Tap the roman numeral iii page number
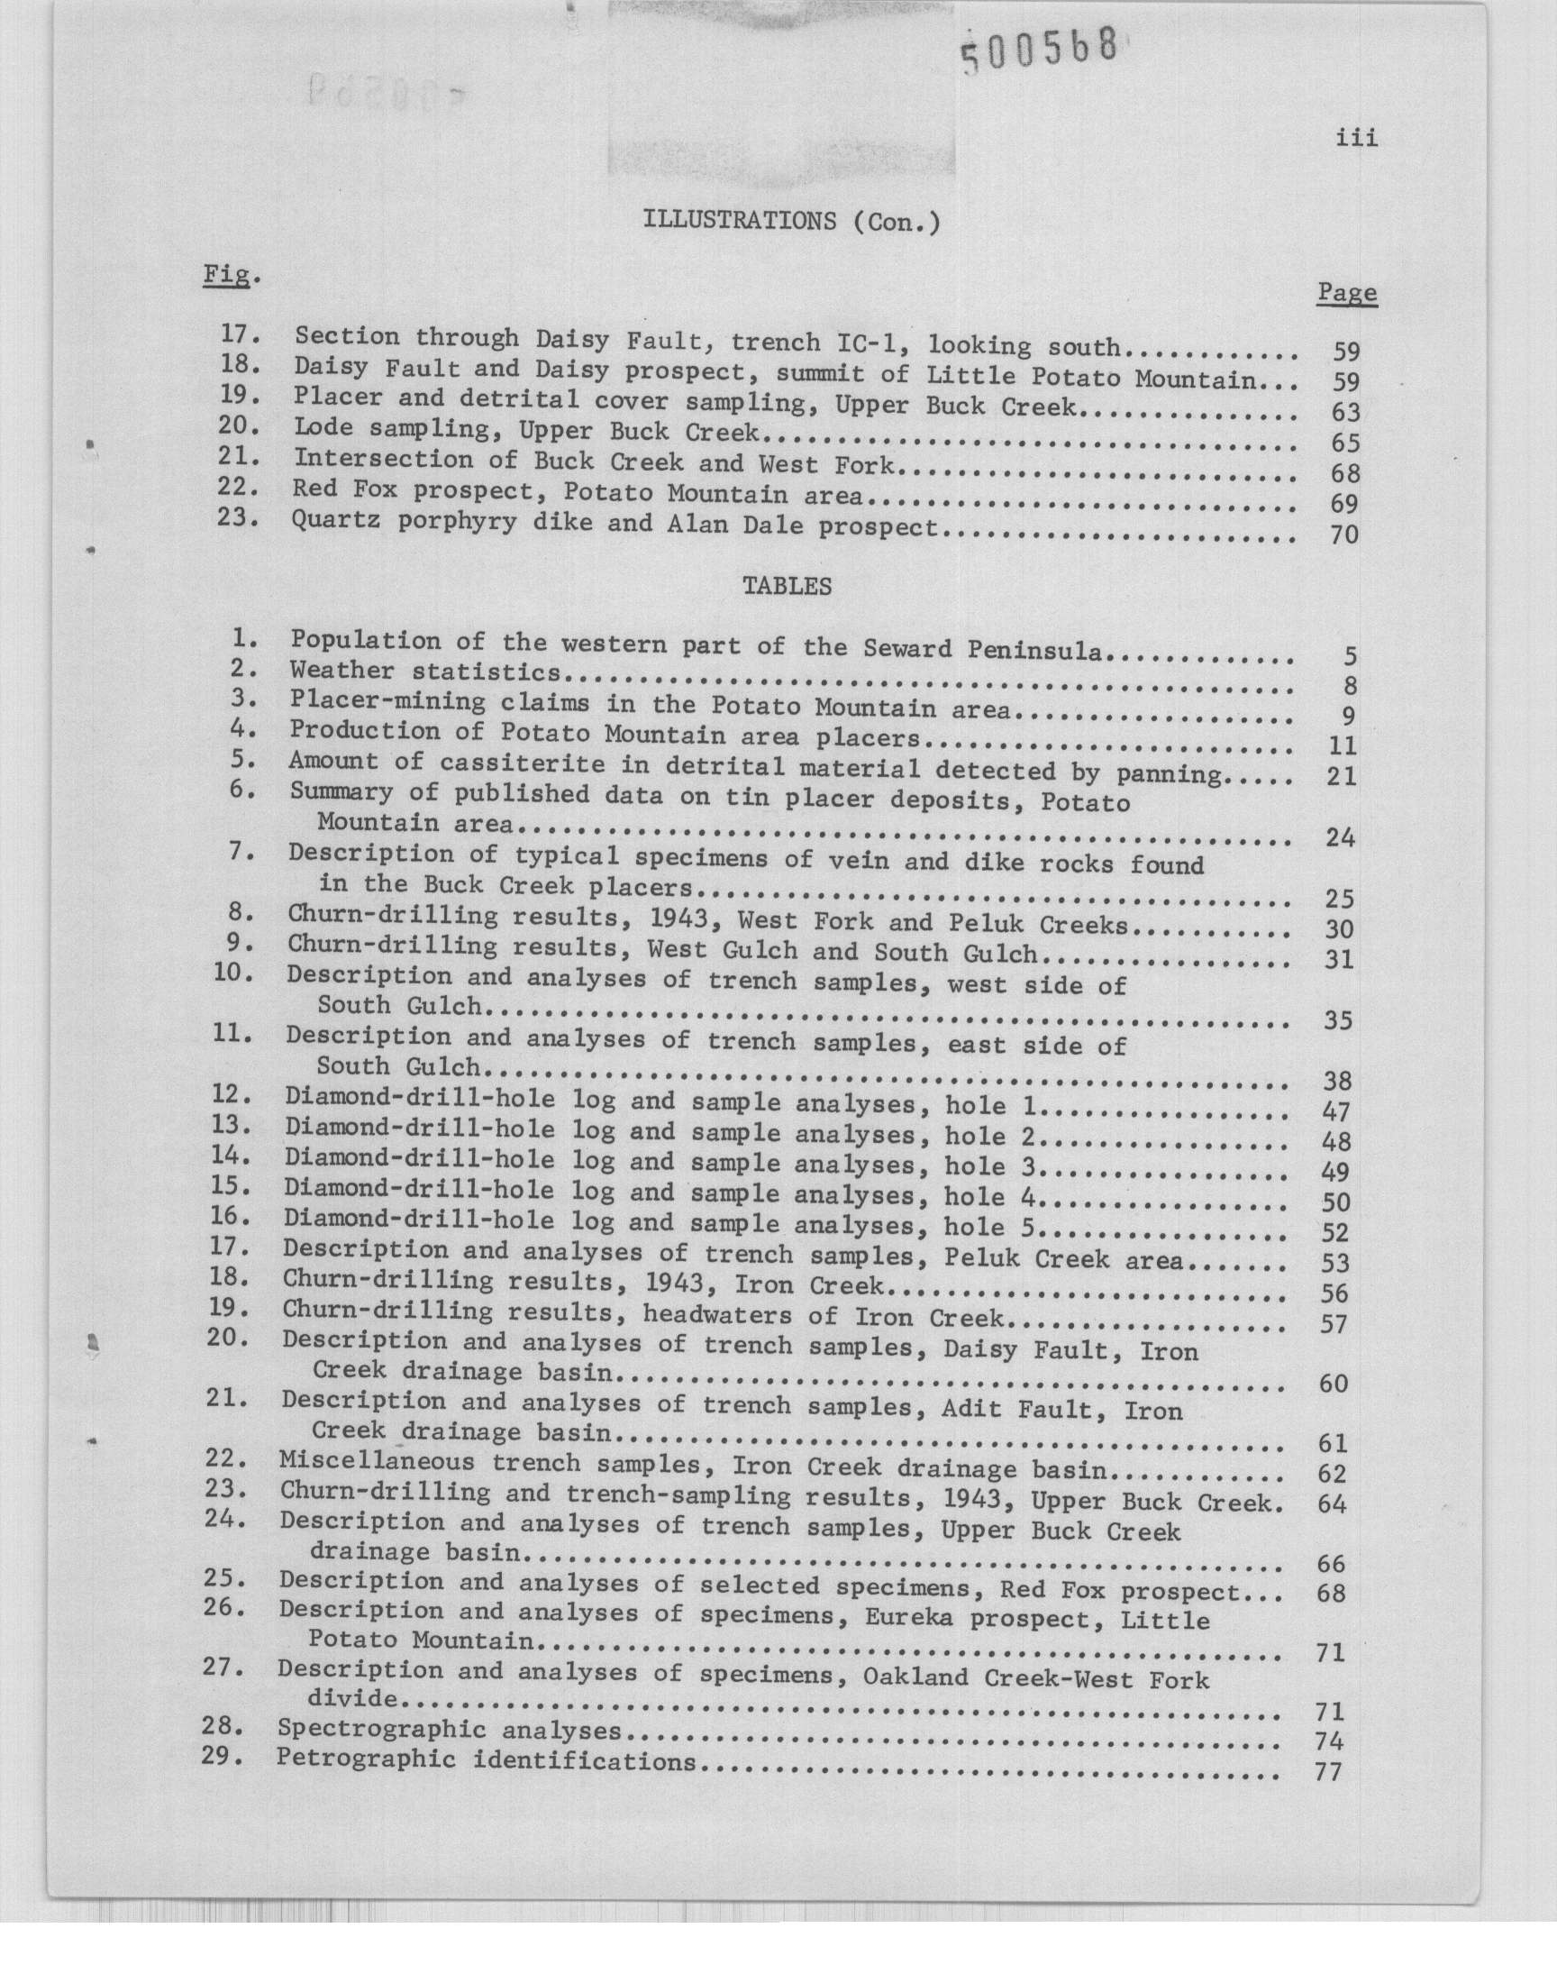(1356, 138)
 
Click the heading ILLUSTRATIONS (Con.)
(791, 221)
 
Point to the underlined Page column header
(1346, 293)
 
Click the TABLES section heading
(787, 586)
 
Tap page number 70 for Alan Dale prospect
(1343, 535)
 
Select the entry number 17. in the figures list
(241, 334)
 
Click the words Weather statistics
(424, 672)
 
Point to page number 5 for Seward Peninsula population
(1349, 655)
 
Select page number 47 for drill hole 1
(1337, 1111)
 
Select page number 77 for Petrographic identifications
(1330, 1772)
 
